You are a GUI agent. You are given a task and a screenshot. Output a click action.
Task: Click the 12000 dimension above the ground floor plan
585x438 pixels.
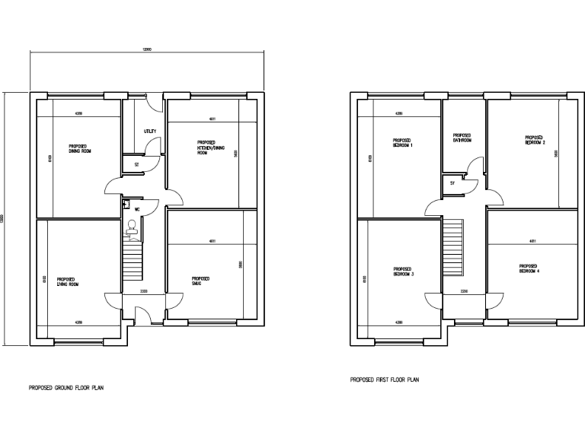pos(147,49)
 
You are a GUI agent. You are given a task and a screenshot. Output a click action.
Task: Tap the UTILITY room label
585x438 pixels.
pos(150,132)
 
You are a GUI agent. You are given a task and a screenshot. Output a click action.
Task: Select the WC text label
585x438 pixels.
pos(137,208)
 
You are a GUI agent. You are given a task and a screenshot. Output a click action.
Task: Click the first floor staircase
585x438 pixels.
pos(453,249)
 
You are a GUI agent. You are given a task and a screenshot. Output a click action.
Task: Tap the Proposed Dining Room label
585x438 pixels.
pos(78,148)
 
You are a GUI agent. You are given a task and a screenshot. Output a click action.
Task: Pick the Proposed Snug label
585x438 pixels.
pos(201,281)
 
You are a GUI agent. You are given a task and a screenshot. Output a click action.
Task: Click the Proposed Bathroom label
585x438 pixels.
pos(462,138)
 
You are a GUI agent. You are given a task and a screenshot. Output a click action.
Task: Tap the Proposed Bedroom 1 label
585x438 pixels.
pos(402,142)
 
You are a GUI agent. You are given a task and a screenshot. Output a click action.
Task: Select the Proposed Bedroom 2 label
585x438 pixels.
pos(535,140)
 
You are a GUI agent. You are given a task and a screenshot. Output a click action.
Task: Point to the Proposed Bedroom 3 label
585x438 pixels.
pos(403,271)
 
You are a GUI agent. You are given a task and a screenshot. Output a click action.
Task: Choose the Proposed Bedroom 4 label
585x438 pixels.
pos(529,268)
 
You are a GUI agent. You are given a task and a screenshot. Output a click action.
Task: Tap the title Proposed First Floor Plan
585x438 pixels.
pos(384,379)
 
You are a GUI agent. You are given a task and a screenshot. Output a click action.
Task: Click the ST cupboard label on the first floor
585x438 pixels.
pos(452,183)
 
